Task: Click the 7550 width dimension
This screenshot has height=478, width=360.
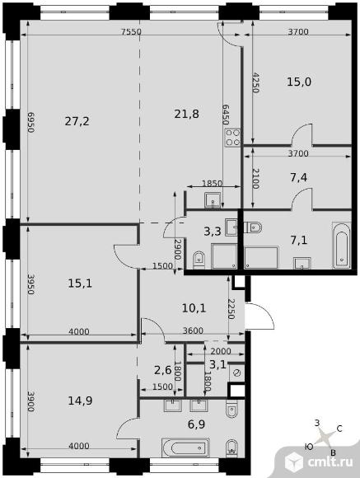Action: (133, 31)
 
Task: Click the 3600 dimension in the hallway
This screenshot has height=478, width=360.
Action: (192, 331)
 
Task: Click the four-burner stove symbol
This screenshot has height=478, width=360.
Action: (233, 137)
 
